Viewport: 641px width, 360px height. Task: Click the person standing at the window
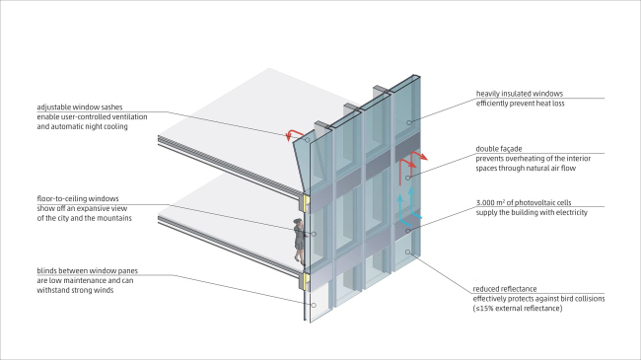[x=299, y=241]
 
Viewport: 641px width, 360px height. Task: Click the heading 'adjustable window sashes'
[x=80, y=108]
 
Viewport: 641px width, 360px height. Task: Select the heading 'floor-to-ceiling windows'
[x=78, y=199]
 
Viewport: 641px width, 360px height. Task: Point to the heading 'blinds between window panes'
[x=88, y=271]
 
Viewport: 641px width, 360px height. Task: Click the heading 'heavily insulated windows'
[x=519, y=94]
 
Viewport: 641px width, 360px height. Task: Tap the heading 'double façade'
[x=499, y=149]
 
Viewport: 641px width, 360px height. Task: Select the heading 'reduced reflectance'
[x=505, y=289]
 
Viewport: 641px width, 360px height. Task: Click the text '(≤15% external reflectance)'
[x=518, y=309]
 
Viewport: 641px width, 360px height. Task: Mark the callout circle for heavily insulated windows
[x=408, y=122]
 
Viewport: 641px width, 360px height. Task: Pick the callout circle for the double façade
[x=407, y=178]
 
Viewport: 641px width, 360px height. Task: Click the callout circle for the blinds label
[x=314, y=305]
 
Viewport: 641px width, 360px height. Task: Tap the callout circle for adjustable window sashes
[x=307, y=140]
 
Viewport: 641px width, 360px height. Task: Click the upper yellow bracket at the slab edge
[x=306, y=203]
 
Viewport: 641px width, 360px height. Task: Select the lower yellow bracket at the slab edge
[x=306, y=281]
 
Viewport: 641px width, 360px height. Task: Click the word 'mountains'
[x=114, y=218]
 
